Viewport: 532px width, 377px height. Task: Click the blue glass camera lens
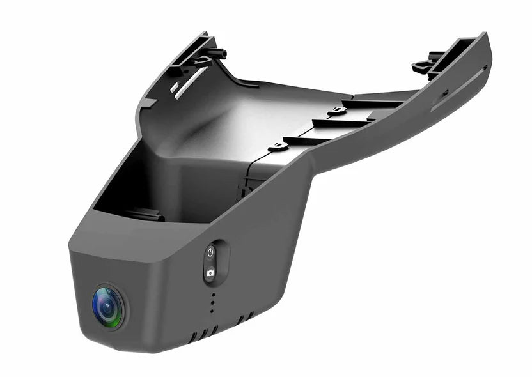[x=108, y=305]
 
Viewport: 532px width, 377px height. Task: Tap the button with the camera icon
[x=210, y=273]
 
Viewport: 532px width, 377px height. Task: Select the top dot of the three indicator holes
[x=212, y=295]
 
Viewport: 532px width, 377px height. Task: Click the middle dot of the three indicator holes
[x=212, y=304]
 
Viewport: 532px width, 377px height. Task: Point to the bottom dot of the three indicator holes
[x=212, y=311]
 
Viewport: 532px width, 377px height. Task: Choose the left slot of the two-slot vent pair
[x=240, y=319]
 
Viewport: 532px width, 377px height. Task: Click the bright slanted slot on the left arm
[x=190, y=82]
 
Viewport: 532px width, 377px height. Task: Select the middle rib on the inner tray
[x=339, y=121]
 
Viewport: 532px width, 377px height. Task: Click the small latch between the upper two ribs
[x=336, y=112]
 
